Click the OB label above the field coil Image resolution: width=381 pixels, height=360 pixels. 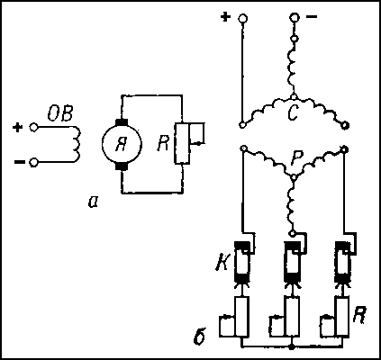point(60,114)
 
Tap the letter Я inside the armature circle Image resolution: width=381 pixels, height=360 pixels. point(121,145)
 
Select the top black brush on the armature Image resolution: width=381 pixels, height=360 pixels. point(122,122)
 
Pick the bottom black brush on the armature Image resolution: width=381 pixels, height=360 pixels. point(122,166)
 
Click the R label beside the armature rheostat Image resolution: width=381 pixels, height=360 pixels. point(164,144)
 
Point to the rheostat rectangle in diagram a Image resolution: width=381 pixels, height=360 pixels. point(182,143)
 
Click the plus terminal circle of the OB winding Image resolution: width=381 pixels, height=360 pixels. point(33,127)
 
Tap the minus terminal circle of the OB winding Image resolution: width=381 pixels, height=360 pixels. point(33,163)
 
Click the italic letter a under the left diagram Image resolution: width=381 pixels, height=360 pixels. point(93,202)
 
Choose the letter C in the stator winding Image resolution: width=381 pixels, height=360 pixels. point(293,113)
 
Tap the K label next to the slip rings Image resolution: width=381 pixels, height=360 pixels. point(222,264)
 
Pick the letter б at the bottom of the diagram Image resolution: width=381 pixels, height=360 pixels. point(200,337)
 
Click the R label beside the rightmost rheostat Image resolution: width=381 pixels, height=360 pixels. point(358,315)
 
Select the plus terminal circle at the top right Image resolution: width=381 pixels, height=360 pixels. point(242,18)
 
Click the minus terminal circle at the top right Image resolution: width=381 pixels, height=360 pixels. point(295,17)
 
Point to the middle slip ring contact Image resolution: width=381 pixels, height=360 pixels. point(293,263)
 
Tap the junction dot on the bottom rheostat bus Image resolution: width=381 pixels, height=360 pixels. point(291,346)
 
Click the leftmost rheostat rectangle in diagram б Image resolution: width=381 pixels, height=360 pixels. point(242,316)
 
